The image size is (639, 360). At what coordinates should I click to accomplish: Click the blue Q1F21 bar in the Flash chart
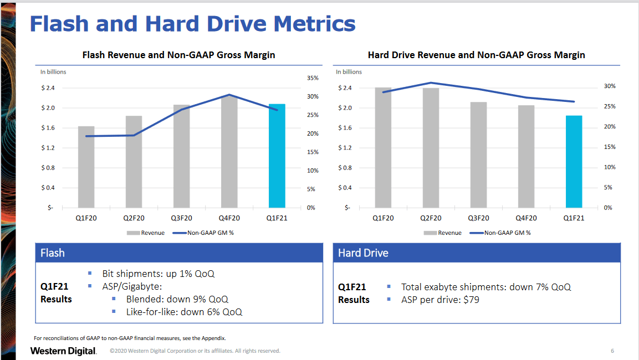(277, 156)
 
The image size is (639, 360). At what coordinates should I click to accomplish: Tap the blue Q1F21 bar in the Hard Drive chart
(574, 161)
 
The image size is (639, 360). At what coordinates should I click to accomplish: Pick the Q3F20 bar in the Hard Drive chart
(478, 155)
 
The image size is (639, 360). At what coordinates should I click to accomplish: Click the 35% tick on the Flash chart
(313, 78)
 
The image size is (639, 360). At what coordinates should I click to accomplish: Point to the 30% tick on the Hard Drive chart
(610, 86)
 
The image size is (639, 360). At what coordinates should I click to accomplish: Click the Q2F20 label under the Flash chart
(134, 218)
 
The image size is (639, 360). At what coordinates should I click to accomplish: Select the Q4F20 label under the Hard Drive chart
(526, 218)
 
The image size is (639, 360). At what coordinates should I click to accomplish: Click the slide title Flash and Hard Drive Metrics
(192, 24)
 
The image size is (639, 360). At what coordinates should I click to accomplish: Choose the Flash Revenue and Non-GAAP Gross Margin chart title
(178, 55)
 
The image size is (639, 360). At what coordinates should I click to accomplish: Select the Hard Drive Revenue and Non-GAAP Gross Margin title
(476, 55)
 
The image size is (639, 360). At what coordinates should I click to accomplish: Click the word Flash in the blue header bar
(53, 253)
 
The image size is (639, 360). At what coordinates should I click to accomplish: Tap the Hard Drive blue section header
(363, 253)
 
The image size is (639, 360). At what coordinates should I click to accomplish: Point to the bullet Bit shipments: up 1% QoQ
(158, 274)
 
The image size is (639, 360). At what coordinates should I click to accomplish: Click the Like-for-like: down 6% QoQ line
(184, 312)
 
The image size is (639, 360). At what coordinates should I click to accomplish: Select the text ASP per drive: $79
(440, 300)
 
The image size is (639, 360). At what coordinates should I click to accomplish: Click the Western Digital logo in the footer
(63, 351)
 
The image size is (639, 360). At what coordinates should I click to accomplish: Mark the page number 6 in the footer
(612, 351)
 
